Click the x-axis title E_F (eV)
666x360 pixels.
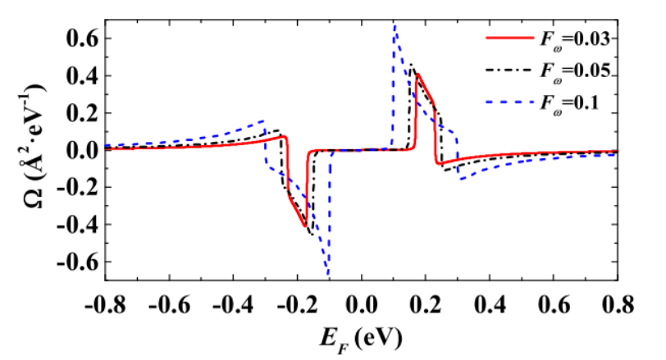tap(362, 338)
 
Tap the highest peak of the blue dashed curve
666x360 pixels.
tap(395, 25)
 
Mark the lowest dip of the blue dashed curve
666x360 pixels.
tap(328, 276)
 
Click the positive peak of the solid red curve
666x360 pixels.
tap(418, 75)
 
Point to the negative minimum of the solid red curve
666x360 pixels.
tap(305, 226)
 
